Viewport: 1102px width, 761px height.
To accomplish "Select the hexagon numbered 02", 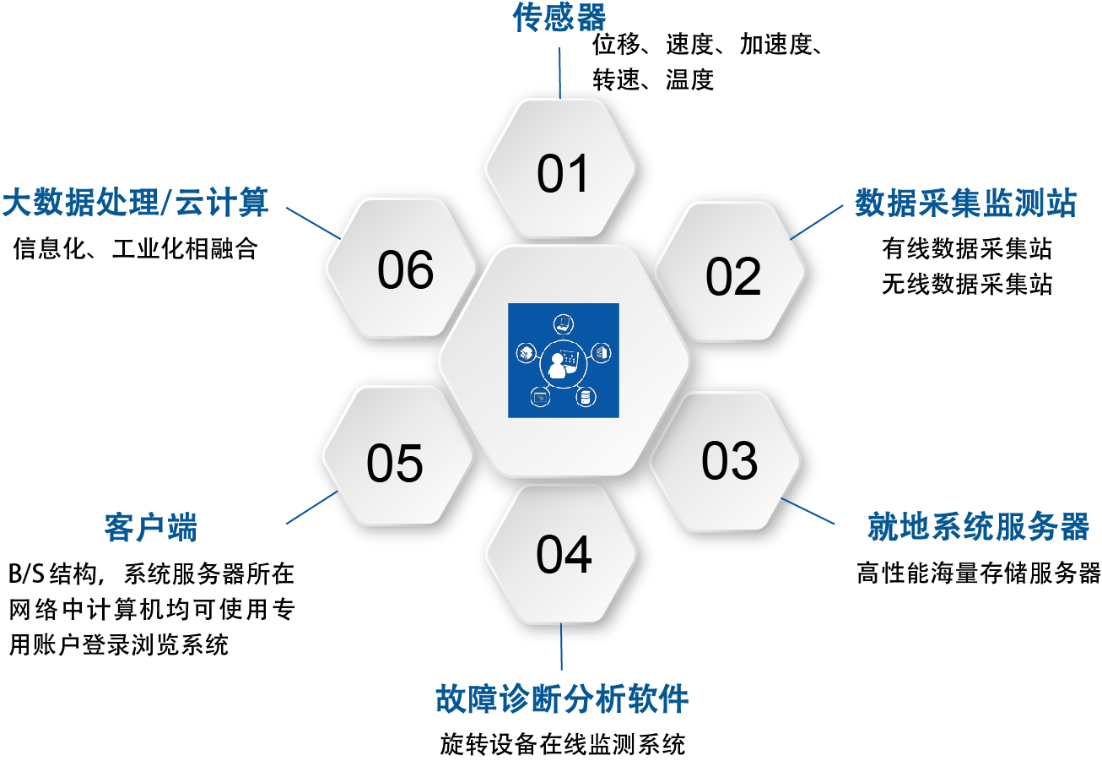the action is point(730,271).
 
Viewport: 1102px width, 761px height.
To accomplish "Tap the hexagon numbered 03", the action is point(725,461).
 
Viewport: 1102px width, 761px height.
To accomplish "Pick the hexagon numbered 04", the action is point(561,554).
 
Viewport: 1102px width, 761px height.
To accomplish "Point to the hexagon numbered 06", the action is point(401,268).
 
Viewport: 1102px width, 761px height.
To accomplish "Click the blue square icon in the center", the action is point(564,361).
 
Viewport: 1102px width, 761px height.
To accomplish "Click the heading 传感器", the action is point(559,17).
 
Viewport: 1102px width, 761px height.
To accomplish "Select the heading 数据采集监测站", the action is point(965,203).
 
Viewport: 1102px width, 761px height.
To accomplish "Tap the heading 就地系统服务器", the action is point(978,526).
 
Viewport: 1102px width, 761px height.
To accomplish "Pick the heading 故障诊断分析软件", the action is point(562,698).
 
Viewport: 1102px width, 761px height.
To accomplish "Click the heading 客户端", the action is point(150,527).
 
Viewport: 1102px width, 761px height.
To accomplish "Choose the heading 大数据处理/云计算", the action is point(135,202).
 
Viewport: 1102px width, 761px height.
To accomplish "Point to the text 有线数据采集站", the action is point(967,248).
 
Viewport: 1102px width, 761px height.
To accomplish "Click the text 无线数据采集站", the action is point(967,284).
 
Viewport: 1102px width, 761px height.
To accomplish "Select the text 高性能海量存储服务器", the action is point(979,573).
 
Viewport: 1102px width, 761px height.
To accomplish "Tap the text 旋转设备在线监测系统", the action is point(562,744).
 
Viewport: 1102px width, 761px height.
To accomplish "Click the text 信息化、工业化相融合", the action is point(135,248).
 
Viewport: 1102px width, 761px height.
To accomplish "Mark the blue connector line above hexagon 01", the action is point(559,73).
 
